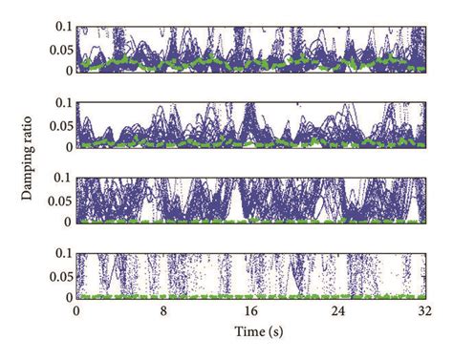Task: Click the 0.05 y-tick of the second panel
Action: point(58,124)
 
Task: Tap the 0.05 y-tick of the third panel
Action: point(58,200)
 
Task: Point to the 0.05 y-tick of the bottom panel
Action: point(58,275)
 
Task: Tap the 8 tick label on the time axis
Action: point(163,311)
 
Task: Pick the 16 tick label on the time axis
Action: point(250,311)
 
